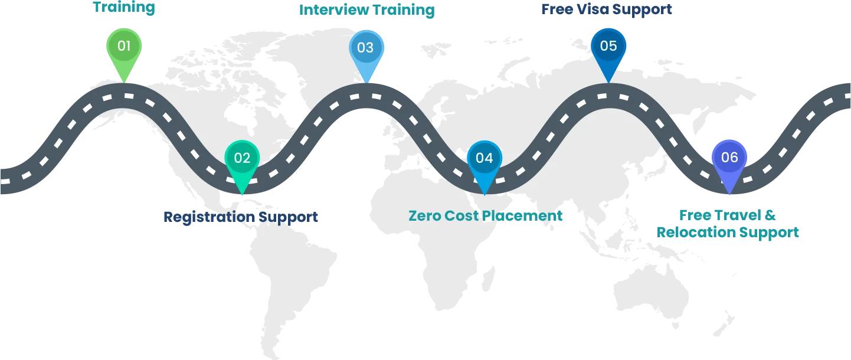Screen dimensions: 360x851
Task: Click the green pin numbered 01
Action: (124, 47)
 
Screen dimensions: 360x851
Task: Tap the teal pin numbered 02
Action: (242, 159)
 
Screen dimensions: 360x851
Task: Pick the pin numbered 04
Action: (484, 159)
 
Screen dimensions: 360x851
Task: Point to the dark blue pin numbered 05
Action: (608, 47)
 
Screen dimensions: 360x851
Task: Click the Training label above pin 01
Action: (124, 8)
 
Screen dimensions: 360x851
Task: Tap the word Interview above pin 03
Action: (331, 10)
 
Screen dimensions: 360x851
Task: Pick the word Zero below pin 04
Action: (425, 216)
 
